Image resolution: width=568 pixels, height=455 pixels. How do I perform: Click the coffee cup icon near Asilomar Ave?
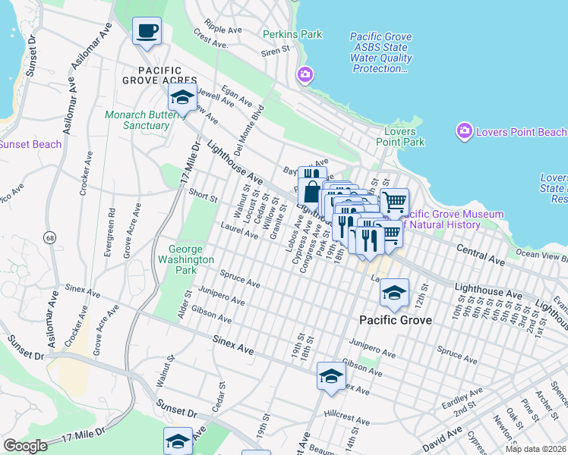(147, 32)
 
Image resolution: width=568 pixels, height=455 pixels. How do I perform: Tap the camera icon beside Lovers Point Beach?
(463, 131)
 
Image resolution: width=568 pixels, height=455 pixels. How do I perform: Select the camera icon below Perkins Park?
(305, 74)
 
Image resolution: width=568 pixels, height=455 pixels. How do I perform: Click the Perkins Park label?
(292, 34)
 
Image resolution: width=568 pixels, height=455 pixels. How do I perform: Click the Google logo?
(25, 446)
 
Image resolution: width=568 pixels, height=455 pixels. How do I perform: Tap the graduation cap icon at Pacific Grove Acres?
(181, 98)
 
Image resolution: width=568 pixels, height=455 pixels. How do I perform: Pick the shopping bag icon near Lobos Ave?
(312, 192)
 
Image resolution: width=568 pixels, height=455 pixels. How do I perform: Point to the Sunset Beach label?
(29, 144)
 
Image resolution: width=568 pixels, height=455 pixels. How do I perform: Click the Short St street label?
(203, 196)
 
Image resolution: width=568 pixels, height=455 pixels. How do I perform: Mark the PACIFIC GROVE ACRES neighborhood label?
(159, 80)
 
